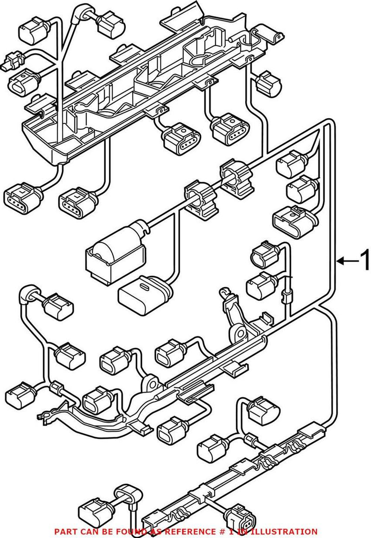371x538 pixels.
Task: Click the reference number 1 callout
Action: point(365,261)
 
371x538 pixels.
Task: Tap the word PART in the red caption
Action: point(65,532)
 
